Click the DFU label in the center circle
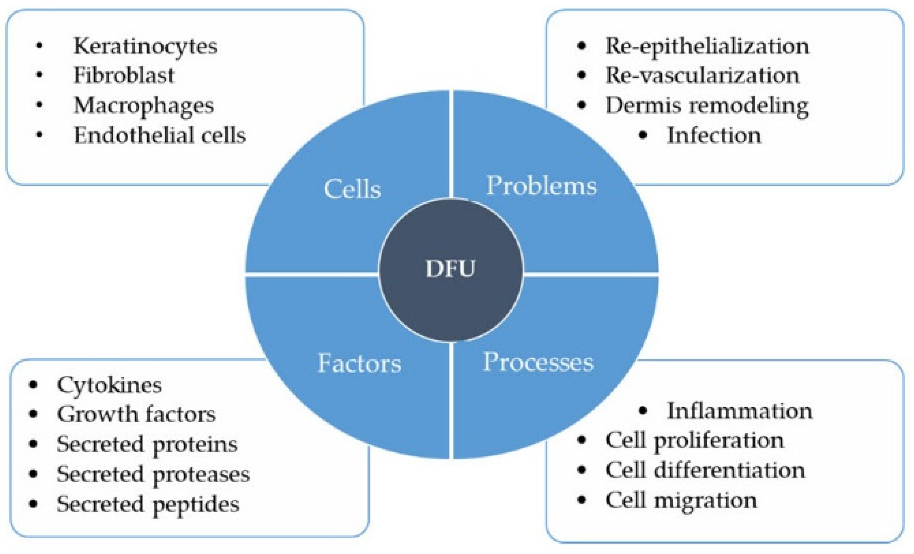click(x=450, y=269)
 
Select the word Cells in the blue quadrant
click(x=352, y=189)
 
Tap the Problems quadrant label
click(x=541, y=185)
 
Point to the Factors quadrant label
click(x=359, y=363)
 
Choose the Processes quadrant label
click(x=538, y=362)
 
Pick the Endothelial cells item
click(x=159, y=135)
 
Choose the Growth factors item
click(x=136, y=414)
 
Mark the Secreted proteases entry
click(x=153, y=475)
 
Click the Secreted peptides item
click(x=148, y=505)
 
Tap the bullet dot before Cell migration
click(x=582, y=500)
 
